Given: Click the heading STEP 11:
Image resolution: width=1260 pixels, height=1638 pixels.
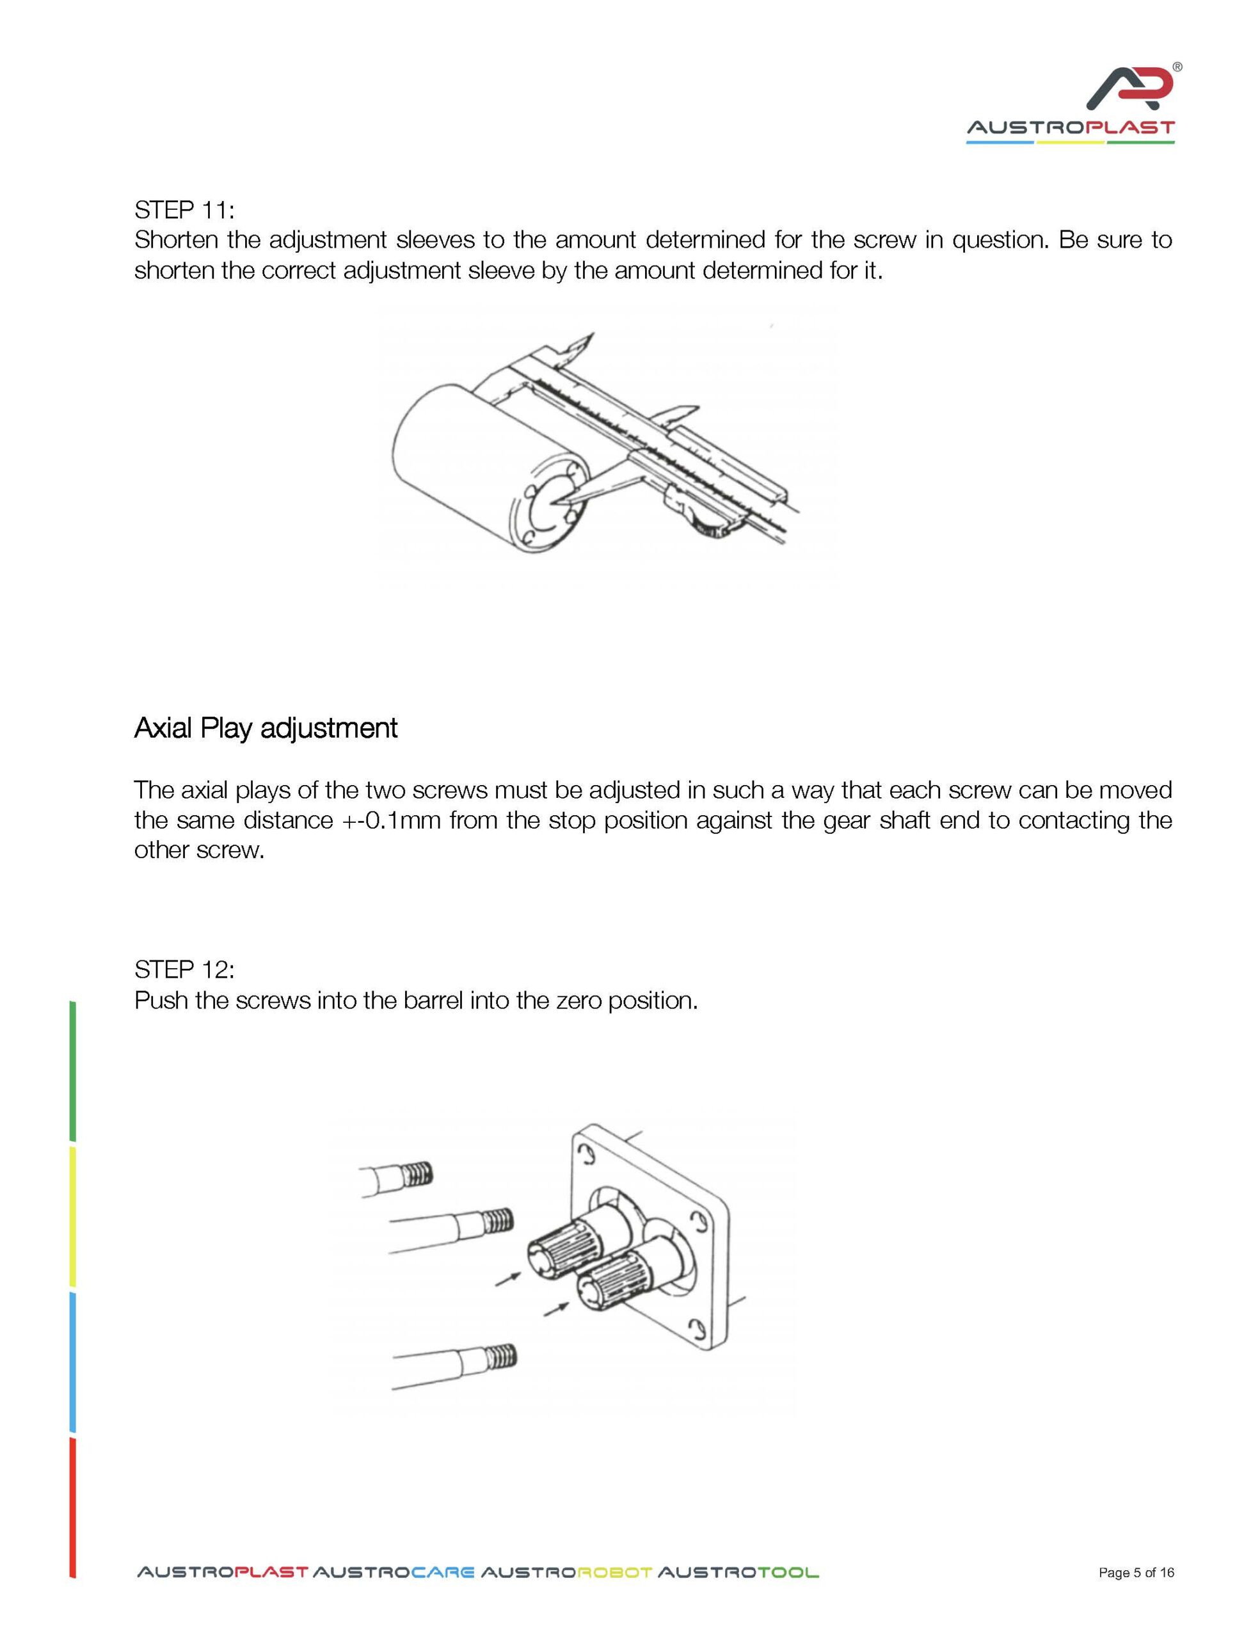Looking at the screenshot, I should click(x=184, y=209).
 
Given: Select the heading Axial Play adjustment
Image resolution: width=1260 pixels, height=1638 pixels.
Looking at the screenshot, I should click(x=266, y=728).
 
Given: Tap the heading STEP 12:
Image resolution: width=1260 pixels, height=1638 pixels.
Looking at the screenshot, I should click(x=184, y=970).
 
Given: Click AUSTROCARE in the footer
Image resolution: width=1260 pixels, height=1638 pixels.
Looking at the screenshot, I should click(x=393, y=1573).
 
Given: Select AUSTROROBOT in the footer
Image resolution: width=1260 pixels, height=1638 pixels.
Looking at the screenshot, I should click(x=566, y=1573).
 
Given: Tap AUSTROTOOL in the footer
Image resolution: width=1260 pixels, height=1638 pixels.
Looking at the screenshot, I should click(x=738, y=1573).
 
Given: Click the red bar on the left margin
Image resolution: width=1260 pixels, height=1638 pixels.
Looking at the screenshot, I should click(x=73, y=1507).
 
